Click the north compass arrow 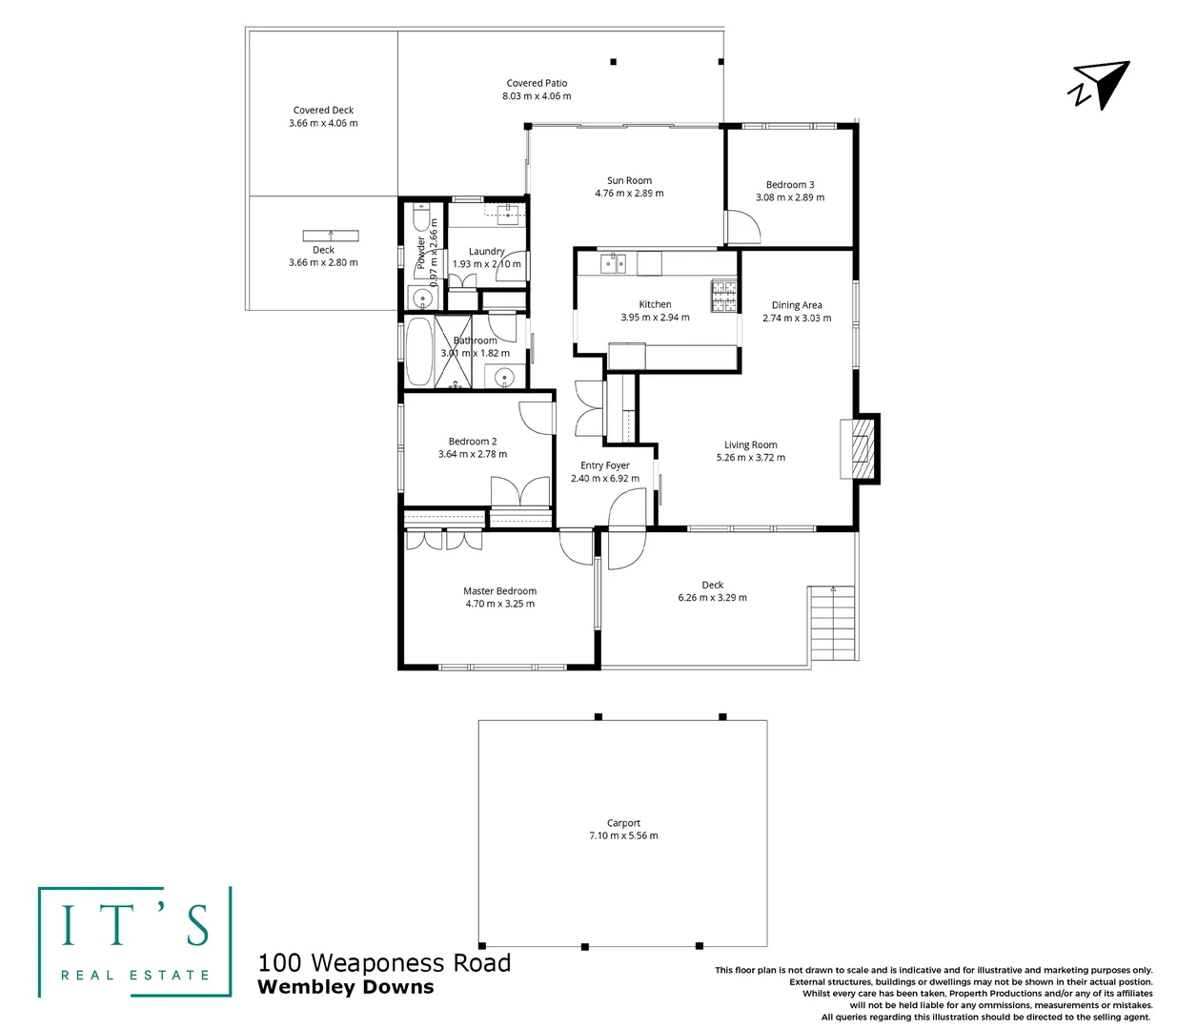coord(1104,85)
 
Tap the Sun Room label coord(629,180)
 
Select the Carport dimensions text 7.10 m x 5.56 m coord(623,835)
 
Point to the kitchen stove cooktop coord(723,296)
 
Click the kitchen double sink coord(612,262)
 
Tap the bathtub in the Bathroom coord(419,351)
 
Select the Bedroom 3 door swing coord(741,227)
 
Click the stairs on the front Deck coord(831,625)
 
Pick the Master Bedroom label coord(499,591)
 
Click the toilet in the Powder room coord(420,222)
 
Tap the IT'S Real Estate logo coord(134,942)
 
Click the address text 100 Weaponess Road coord(384,963)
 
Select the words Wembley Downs coord(345,988)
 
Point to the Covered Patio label coord(537,83)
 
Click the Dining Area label coord(797,305)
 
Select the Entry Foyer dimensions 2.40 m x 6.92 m coord(605,479)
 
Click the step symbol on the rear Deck coord(331,235)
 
